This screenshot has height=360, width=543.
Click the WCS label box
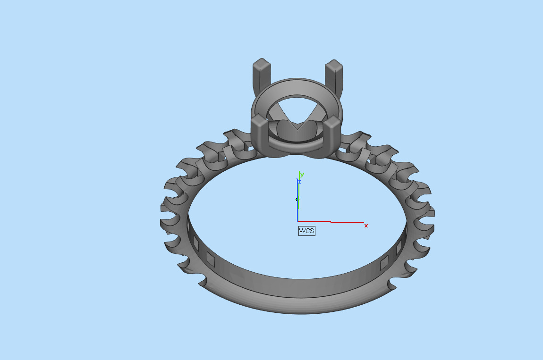306,231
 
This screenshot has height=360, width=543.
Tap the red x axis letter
366,226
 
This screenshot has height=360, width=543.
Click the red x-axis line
331,221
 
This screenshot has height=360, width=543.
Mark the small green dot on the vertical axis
297,200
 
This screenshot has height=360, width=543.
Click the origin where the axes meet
298,221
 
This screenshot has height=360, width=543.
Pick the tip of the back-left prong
261,63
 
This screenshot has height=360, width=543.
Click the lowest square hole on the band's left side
211,259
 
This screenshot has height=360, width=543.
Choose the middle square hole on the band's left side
195,242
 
